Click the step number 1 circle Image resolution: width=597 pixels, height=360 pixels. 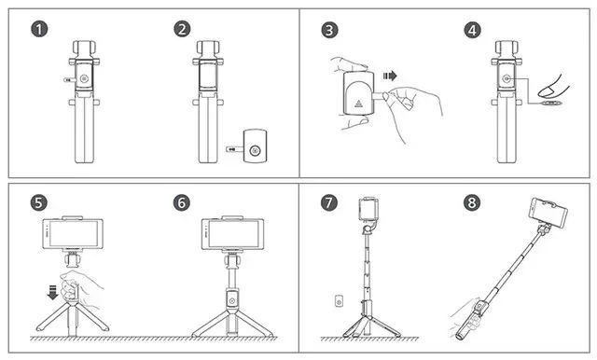[39, 29]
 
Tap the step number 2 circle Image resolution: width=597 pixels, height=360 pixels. [182, 29]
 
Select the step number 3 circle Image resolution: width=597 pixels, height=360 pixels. [329, 30]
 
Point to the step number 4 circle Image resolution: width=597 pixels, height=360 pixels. [473, 30]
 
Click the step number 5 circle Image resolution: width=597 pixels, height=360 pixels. [39, 202]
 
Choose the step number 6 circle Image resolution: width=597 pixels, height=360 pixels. [182, 202]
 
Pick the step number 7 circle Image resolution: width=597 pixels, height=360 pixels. [329, 202]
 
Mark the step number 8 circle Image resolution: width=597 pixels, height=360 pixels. [472, 202]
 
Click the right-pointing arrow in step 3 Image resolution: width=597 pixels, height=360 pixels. [390, 76]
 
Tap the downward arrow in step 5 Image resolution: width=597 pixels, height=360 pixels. [52, 292]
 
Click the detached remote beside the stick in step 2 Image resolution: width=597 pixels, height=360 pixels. [255, 146]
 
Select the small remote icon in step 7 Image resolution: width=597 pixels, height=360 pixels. [339, 301]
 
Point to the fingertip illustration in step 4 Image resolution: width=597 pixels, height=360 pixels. [553, 87]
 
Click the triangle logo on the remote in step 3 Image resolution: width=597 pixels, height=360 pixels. [358, 104]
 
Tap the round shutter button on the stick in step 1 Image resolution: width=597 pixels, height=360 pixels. [84, 79]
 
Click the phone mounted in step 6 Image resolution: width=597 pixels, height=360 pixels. [232, 234]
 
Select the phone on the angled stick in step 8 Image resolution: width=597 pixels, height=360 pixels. [548, 213]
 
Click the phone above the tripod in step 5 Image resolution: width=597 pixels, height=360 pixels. [73, 233]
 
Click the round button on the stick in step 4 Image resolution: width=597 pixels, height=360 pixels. [506, 78]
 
